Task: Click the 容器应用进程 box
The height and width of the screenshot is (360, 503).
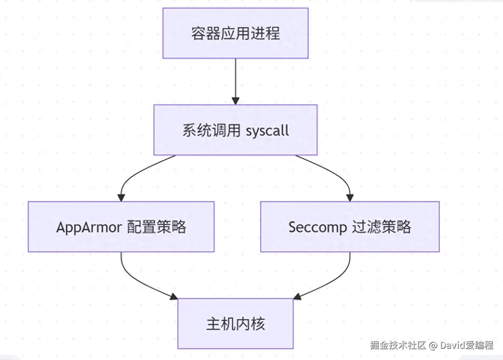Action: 236,33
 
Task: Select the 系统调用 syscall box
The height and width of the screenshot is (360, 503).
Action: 236,130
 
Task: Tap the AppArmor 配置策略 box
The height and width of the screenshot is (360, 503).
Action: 121,227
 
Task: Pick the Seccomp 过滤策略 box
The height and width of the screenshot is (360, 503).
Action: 350,227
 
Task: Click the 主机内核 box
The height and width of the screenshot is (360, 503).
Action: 236,324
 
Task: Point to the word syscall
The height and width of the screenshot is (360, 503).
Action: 267,131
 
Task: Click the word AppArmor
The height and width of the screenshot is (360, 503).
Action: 89,227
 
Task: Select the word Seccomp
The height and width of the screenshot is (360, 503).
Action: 318,227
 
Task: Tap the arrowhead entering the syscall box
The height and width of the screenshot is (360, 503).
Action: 236,101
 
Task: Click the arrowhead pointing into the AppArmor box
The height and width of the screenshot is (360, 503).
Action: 121,198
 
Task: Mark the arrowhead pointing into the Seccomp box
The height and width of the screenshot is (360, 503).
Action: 350,198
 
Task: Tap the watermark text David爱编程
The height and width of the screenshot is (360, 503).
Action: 467,345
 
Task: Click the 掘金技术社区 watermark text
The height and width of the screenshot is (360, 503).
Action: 398,345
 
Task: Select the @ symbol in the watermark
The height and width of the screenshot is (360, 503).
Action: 433,346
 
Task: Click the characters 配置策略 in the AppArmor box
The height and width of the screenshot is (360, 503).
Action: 157,227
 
